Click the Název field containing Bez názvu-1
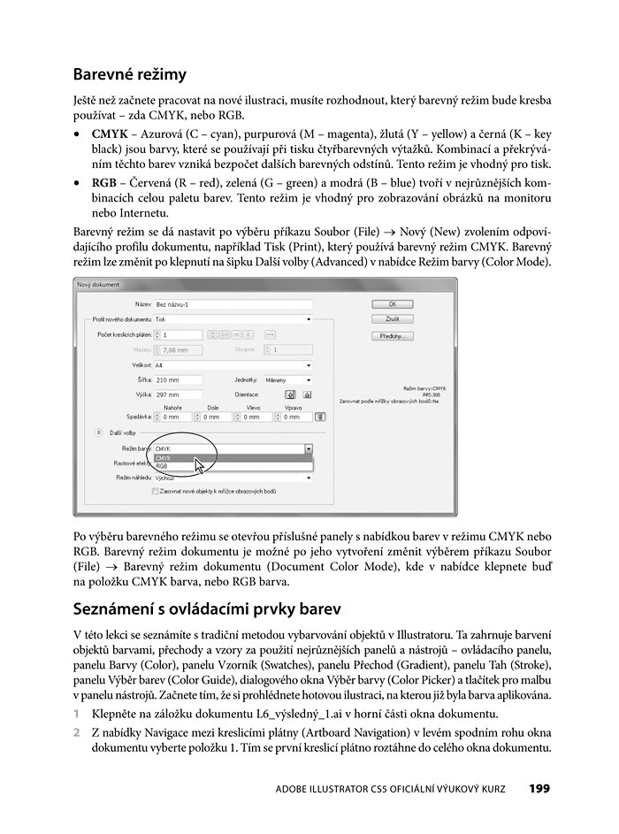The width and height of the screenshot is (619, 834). click(233, 303)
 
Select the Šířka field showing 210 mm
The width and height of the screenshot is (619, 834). click(178, 379)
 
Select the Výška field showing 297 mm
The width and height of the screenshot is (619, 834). click(178, 394)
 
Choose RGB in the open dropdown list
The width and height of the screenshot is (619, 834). click(163, 466)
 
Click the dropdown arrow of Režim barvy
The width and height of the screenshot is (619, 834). click(309, 449)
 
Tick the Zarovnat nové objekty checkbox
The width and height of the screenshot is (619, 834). click(156, 491)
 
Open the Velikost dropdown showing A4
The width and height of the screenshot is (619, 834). click(233, 364)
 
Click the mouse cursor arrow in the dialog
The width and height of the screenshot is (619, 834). click(200, 465)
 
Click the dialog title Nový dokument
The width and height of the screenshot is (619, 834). click(98, 285)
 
